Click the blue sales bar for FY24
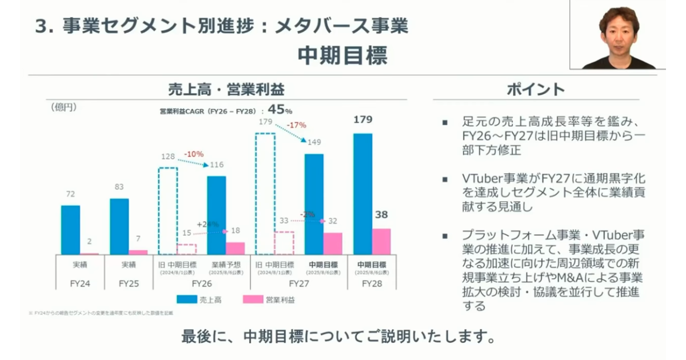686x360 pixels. point(70,230)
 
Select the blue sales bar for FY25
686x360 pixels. point(119,226)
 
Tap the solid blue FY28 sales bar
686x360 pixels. point(363,194)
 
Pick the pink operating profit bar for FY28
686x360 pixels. point(381,242)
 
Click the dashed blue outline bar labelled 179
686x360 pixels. point(265,194)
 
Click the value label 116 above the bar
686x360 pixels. point(216,165)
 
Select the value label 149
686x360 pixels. point(314,143)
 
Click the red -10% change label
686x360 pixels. point(194,154)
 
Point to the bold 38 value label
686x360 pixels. point(381,215)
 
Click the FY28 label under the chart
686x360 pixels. point(372,283)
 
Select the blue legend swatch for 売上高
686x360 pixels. point(186,299)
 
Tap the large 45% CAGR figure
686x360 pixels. point(280,109)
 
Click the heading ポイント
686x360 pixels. point(536,90)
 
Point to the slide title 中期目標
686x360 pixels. point(342,55)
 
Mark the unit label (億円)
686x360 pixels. point(63,107)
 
